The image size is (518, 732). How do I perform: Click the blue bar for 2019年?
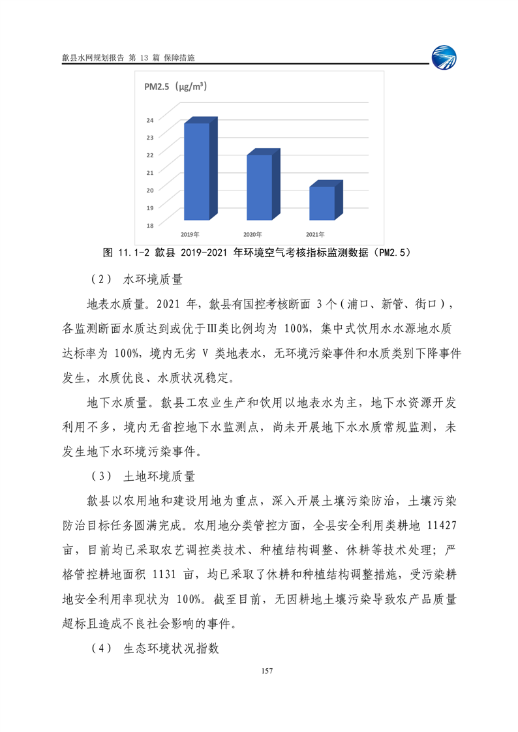[x=196, y=171]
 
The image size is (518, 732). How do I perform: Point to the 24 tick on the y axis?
[x=150, y=120]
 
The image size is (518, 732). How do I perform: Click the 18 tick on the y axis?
[x=150, y=225]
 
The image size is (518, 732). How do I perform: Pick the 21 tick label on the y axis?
[x=150, y=172]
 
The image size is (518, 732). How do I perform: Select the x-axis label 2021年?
[x=316, y=234]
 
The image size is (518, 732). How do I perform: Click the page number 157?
[x=265, y=671]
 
